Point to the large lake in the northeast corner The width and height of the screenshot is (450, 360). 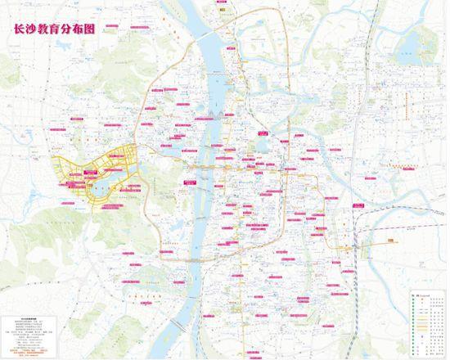403,56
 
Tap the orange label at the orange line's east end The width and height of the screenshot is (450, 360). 391,239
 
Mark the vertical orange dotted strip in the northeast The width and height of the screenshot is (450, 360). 409,102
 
